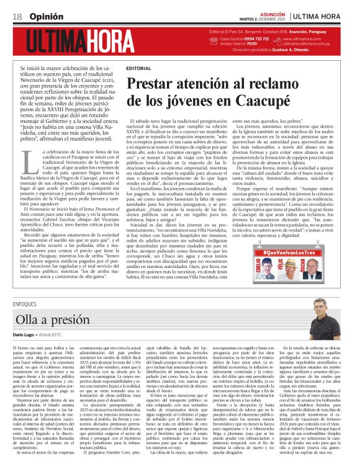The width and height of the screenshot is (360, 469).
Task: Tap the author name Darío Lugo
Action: click(24, 335)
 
